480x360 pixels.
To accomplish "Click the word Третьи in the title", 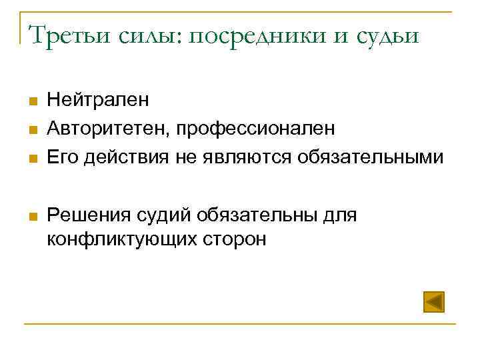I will [x=65, y=34].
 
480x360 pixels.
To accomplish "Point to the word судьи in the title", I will [x=385, y=34].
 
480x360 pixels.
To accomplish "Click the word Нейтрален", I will [x=98, y=100].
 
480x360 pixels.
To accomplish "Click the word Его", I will [x=62, y=157].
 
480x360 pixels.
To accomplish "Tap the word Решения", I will [x=89, y=215].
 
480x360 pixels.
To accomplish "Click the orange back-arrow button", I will [x=434, y=302].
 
